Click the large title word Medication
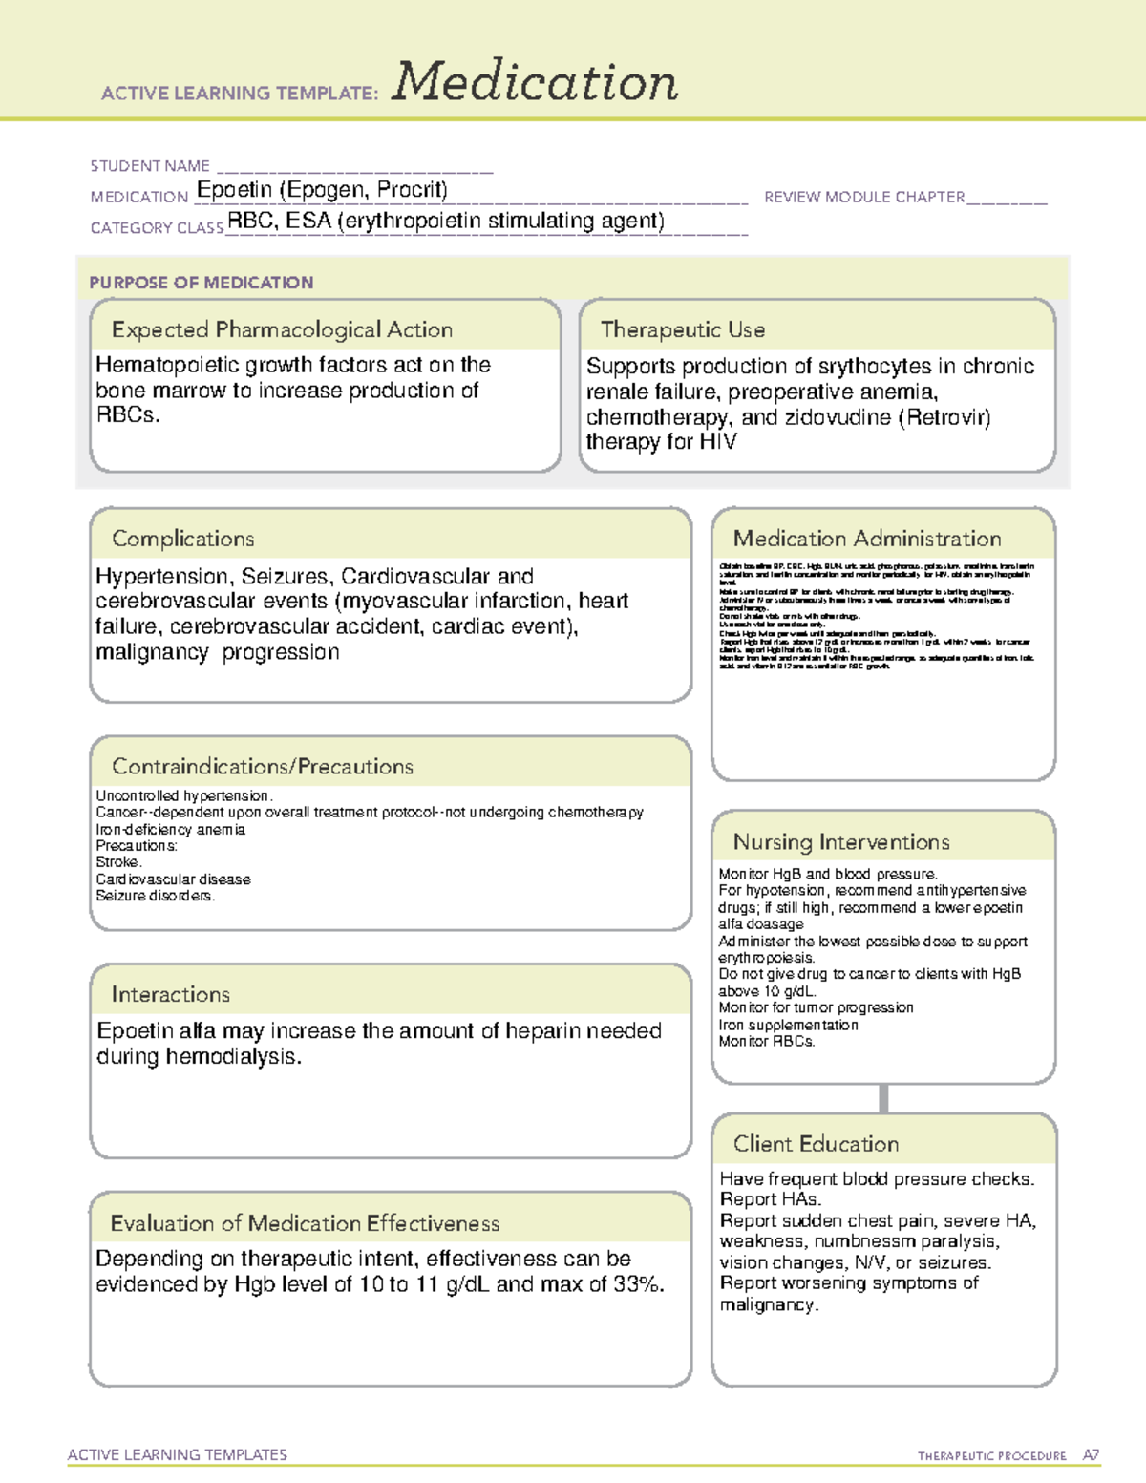click(x=535, y=82)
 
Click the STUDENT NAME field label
click(x=150, y=166)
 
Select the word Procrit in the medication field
click(x=410, y=190)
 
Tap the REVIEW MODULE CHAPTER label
click(x=864, y=198)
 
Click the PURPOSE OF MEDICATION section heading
click(x=202, y=283)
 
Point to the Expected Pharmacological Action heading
click(x=282, y=329)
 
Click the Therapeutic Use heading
click(x=682, y=329)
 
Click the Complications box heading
click(x=183, y=539)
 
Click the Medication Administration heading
click(x=867, y=539)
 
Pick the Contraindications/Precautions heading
click(x=263, y=767)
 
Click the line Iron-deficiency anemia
click(x=171, y=830)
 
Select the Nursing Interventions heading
click(x=841, y=842)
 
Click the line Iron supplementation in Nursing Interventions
click(x=788, y=1025)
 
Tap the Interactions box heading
click(x=171, y=995)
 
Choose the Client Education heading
click(x=816, y=1144)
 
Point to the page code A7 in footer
click(x=1090, y=1455)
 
